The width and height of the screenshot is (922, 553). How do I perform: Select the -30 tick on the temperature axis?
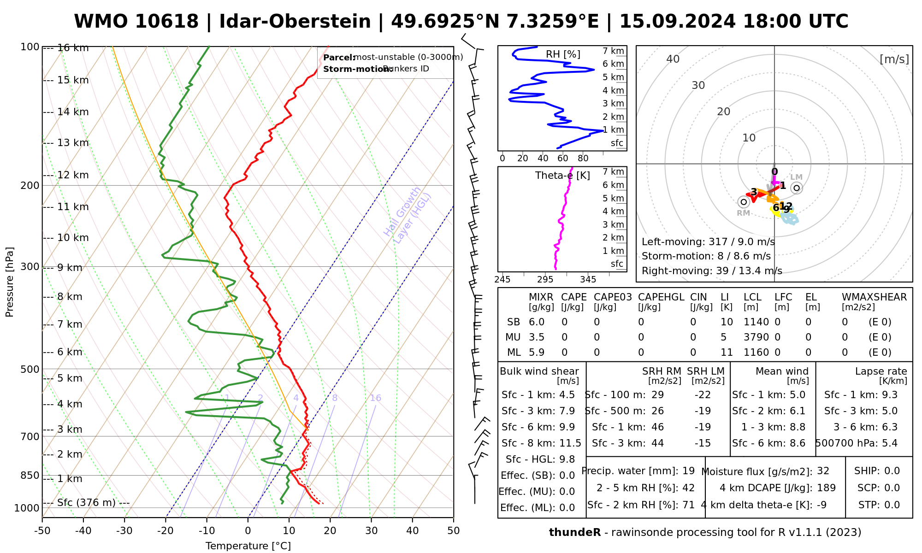124,531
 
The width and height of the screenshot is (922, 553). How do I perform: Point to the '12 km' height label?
73,175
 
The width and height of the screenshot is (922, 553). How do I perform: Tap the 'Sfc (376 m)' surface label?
86,502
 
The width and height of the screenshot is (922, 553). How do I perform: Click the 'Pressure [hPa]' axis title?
10,282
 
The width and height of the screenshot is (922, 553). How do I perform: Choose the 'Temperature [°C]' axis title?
248,546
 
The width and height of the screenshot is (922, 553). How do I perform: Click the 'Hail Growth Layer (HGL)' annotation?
408,215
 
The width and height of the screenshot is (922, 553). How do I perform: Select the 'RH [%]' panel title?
563,54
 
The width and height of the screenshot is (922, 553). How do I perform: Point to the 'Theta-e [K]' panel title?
562,176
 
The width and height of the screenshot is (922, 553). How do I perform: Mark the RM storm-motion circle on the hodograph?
743,202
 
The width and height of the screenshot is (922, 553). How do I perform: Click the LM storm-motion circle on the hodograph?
797,188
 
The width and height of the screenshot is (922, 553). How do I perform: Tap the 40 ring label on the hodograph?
673,59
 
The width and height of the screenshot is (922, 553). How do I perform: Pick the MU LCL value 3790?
756,337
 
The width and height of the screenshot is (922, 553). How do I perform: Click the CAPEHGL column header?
661,297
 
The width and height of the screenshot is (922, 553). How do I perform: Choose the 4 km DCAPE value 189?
826,488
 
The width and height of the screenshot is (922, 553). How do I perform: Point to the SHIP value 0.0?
892,471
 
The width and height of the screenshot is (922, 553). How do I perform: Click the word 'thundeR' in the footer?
575,533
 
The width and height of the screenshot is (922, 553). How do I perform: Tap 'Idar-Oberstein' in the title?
295,22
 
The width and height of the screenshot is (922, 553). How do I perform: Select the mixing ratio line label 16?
375,398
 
